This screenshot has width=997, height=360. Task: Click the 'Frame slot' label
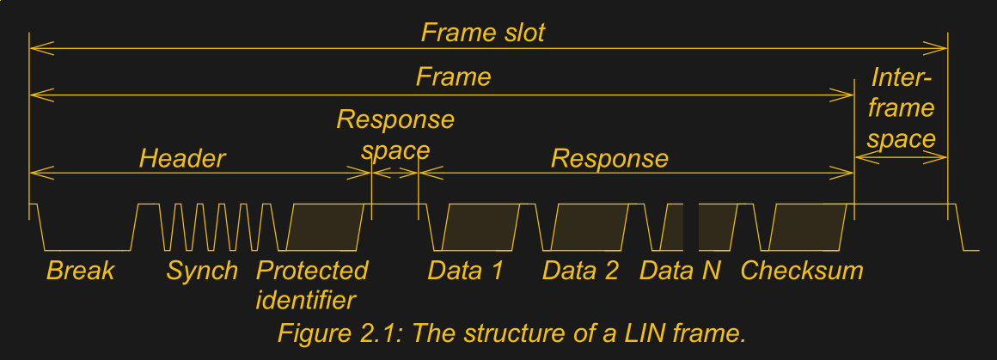pyautogui.click(x=482, y=34)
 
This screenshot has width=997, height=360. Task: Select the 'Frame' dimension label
pyautogui.click(x=453, y=76)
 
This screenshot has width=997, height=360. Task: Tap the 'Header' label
pyautogui.click(x=182, y=158)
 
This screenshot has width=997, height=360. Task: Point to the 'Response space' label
pyautogui.click(x=395, y=134)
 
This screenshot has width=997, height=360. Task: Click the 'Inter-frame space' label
pyautogui.click(x=901, y=108)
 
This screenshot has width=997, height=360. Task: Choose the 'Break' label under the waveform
pyautogui.click(x=80, y=271)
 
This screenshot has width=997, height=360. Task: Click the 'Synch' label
pyautogui.click(x=202, y=271)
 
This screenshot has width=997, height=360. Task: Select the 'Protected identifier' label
pyautogui.click(x=311, y=284)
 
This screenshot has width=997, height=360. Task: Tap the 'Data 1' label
pyautogui.click(x=465, y=271)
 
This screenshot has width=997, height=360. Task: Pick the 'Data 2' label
pyautogui.click(x=580, y=271)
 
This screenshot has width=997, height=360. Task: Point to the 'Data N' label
pyautogui.click(x=680, y=271)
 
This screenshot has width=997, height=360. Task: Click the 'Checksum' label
pyautogui.click(x=801, y=271)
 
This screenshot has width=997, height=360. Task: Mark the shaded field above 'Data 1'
pyautogui.click(x=480, y=227)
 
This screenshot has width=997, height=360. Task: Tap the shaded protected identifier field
pyautogui.click(x=326, y=227)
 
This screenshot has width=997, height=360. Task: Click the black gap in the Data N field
pyautogui.click(x=692, y=227)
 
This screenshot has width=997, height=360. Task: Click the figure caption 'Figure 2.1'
pyautogui.click(x=511, y=333)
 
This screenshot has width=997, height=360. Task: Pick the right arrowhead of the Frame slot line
pyautogui.click(x=940, y=48)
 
